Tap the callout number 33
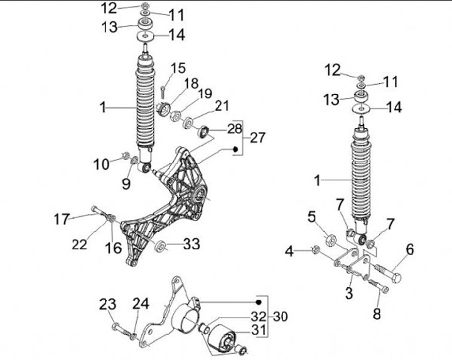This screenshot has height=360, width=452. (x=191, y=244)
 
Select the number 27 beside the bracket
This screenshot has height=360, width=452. (x=258, y=138)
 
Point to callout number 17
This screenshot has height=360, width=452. (x=61, y=220)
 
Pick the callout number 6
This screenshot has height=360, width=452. (x=409, y=249)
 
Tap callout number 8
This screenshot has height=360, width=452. (x=377, y=314)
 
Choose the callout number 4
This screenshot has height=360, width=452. (x=289, y=252)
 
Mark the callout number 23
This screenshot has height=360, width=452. (x=108, y=304)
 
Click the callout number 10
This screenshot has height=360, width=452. (x=102, y=164)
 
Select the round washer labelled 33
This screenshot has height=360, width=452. (x=159, y=245)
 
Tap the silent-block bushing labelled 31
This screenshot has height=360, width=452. (x=219, y=335)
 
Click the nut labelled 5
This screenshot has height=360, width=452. (x=330, y=239)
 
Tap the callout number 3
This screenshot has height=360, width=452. (x=349, y=293)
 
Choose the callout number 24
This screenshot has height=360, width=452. (x=140, y=304)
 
